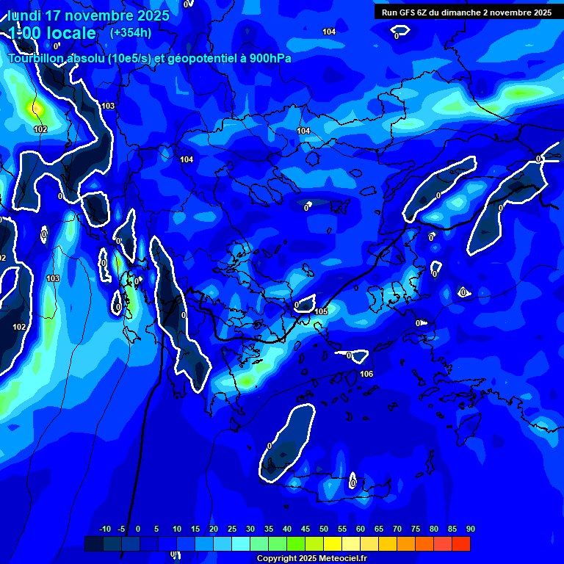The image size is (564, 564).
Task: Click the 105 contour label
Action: (321, 311)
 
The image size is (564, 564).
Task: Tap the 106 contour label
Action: (366, 375)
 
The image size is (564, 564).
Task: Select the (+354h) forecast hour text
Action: (131, 32)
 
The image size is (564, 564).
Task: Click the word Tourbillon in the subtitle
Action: (37, 59)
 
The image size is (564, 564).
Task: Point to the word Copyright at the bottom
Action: (277, 559)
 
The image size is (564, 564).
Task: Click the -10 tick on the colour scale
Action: (104, 529)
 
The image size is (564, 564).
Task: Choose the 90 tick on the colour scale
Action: (470, 529)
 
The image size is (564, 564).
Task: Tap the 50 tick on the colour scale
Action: (324, 529)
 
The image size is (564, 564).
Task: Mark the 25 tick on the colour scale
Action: (232, 529)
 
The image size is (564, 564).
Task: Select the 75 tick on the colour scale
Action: (416, 529)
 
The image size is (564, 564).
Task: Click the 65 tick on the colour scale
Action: (379, 529)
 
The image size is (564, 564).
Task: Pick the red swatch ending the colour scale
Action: (461, 543)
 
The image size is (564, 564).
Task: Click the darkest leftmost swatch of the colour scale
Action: (94, 543)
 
